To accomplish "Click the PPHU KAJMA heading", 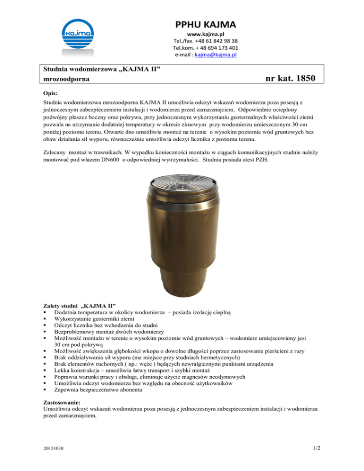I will pyautogui.click(x=206, y=23).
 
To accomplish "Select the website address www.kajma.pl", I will pyautogui.click(x=206, y=35).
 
